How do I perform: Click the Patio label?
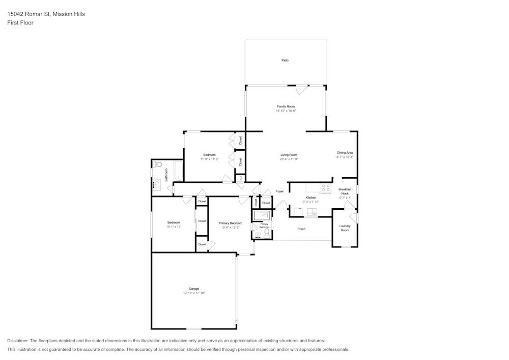coord(285,61)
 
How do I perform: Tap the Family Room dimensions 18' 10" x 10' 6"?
coord(286,110)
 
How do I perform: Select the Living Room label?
coord(289,155)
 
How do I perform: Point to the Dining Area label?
coord(345,153)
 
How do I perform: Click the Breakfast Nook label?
coord(345,191)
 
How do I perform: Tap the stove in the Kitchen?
coord(326,188)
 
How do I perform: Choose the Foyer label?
coord(279,191)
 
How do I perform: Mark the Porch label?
coord(301,229)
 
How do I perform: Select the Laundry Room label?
coord(345,228)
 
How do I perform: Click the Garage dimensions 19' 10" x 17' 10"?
coord(194,293)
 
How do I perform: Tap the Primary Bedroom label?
coord(230,223)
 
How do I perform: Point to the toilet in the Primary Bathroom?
coord(267,233)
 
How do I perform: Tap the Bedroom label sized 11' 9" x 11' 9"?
coord(209,155)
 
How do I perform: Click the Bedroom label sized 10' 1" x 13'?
coord(174,223)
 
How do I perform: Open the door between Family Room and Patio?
coord(301,89)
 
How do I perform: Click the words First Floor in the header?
coord(20,23)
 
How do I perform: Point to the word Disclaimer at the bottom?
coord(18,341)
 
